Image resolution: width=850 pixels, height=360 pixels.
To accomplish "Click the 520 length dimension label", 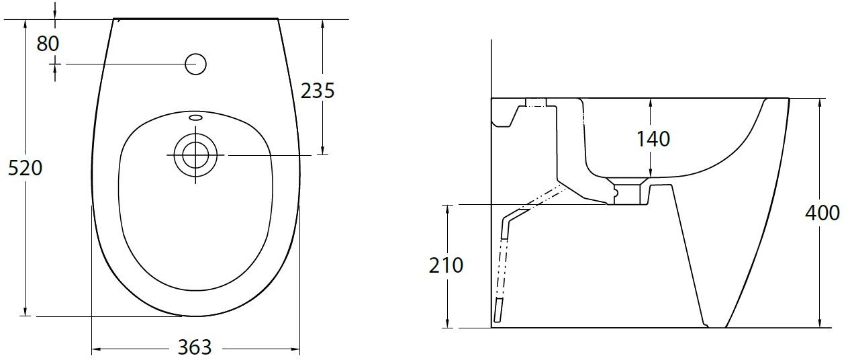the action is click(25, 168).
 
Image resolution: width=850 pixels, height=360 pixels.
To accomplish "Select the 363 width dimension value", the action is click(195, 347).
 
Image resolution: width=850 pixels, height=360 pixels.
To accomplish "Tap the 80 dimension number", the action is click(48, 44).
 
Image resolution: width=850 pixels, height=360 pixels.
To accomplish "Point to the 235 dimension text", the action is click(318, 91).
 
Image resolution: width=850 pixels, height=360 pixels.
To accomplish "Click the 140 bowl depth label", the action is click(653, 139).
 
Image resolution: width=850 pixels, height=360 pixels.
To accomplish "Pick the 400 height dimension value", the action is click(822, 213).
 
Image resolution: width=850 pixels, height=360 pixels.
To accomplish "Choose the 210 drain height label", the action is click(446, 265).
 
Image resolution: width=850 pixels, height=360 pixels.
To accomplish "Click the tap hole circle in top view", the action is click(196, 64).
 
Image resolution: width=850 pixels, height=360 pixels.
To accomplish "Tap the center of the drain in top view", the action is click(196, 155).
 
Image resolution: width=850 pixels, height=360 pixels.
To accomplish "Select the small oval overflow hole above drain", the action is click(196, 117).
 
